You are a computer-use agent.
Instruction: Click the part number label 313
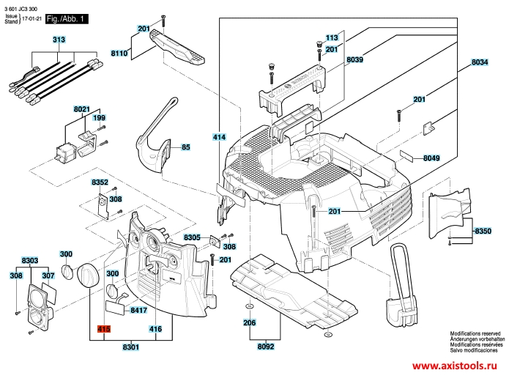pyautogui.click(x=59, y=39)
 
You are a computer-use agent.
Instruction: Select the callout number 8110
pyautogui.click(x=120, y=53)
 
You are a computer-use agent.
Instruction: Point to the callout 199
pyautogui.click(x=99, y=118)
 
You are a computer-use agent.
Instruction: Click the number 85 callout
pyautogui.click(x=185, y=147)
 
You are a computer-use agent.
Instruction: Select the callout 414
pyautogui.click(x=219, y=137)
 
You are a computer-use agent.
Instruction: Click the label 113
pyautogui.click(x=332, y=37)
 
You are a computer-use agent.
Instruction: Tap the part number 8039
pyautogui.click(x=355, y=58)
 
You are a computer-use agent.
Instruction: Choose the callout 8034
pyautogui.click(x=479, y=64)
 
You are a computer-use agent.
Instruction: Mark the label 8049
pyautogui.click(x=431, y=158)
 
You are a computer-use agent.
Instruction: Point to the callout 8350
pyautogui.click(x=483, y=231)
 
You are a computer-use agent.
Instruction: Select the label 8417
pyautogui.click(x=139, y=311)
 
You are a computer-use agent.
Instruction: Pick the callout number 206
pyautogui.click(x=250, y=322)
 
